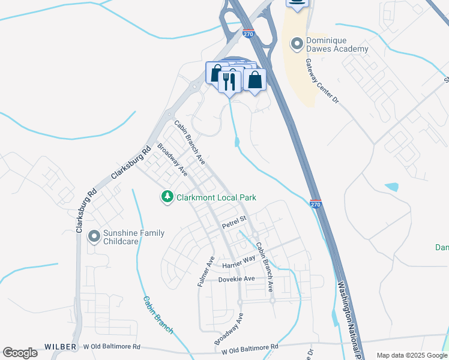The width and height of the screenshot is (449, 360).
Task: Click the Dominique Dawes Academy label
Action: tap(336, 44)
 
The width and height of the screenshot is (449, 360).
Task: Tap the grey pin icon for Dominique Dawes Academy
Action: tap(296, 43)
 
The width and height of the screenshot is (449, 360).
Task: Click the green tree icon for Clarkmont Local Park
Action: tap(167, 197)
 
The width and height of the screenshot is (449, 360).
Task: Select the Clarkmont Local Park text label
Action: tap(215, 197)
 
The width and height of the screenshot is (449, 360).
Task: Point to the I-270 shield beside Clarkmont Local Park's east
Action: tap(316, 205)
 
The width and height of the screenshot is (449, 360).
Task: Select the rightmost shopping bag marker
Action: tap(255, 80)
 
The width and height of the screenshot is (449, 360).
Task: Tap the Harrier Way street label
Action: tap(239, 262)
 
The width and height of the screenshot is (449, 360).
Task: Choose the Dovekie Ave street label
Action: tap(236, 279)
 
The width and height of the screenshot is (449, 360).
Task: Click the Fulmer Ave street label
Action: tap(206, 271)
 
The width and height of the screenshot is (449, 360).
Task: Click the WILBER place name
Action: tap(61, 347)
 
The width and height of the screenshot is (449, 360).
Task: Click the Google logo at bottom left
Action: tap(20, 353)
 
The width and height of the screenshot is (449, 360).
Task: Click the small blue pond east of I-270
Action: tap(391, 187)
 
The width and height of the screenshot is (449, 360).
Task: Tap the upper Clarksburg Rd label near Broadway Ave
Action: tap(130, 164)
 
